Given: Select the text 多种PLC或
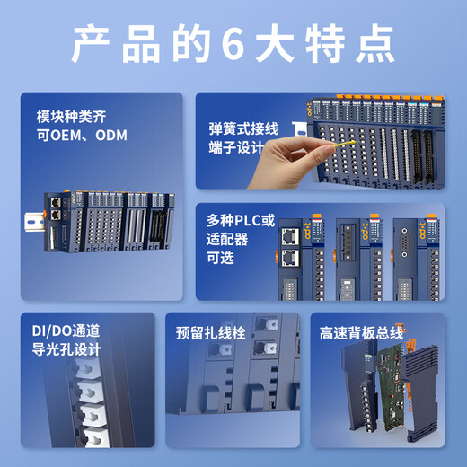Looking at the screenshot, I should point(241,221).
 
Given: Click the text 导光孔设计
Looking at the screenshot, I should point(67,348).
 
